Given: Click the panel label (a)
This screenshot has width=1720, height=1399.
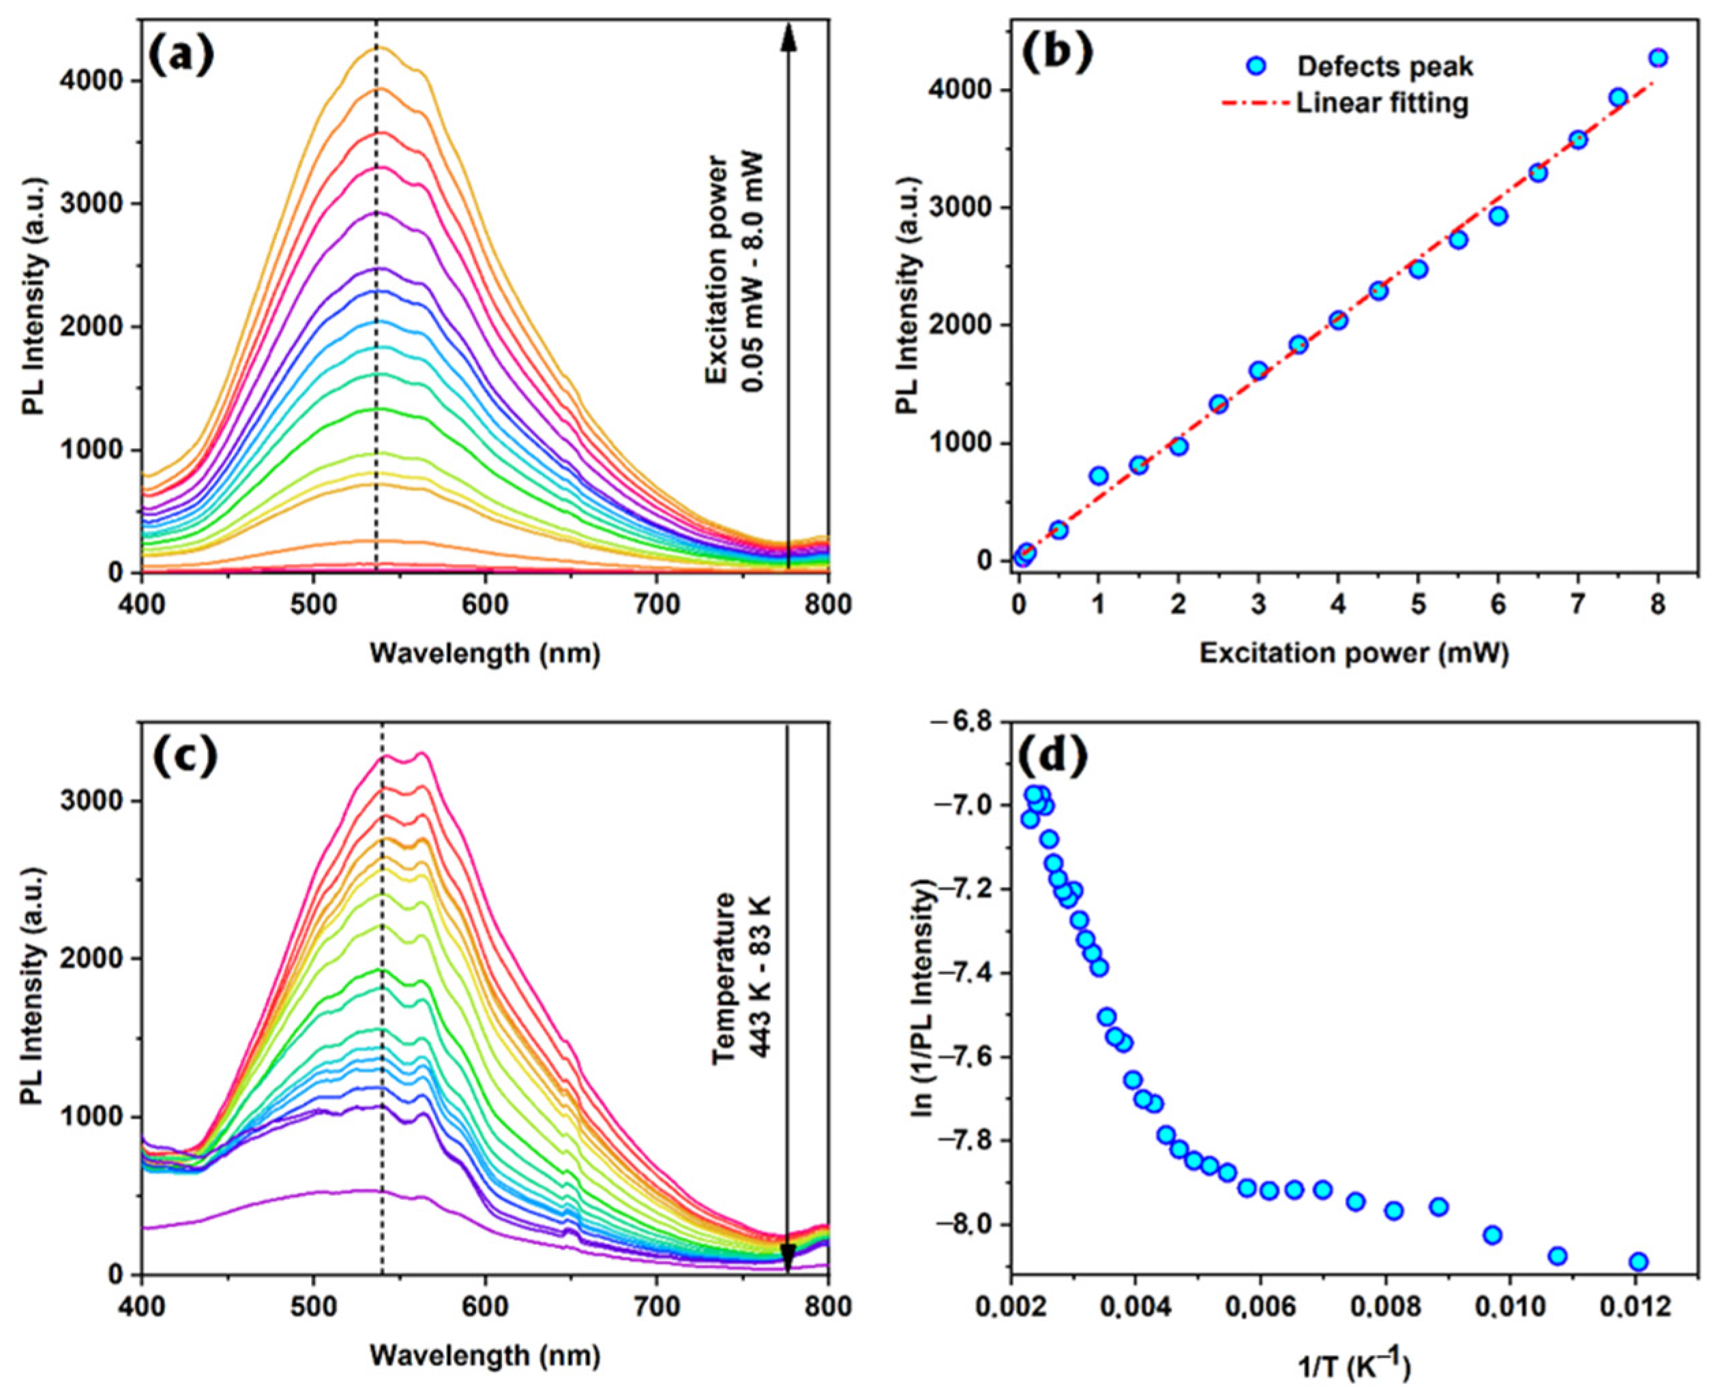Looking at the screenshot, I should (x=183, y=57).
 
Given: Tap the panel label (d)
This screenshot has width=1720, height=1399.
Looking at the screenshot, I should (x=1055, y=756).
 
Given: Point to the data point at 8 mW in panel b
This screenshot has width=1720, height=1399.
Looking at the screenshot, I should (x=1658, y=58).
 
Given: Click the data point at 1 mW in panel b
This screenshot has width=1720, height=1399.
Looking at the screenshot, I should (x=1098, y=475).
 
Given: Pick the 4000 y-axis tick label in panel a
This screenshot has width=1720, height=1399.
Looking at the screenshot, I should (x=90, y=80).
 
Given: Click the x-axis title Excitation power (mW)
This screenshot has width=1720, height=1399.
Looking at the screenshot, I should (x=1354, y=652).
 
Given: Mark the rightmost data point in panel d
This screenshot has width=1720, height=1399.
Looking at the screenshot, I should (x=1637, y=1262).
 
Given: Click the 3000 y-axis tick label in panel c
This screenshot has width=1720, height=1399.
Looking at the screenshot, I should (x=90, y=801).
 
